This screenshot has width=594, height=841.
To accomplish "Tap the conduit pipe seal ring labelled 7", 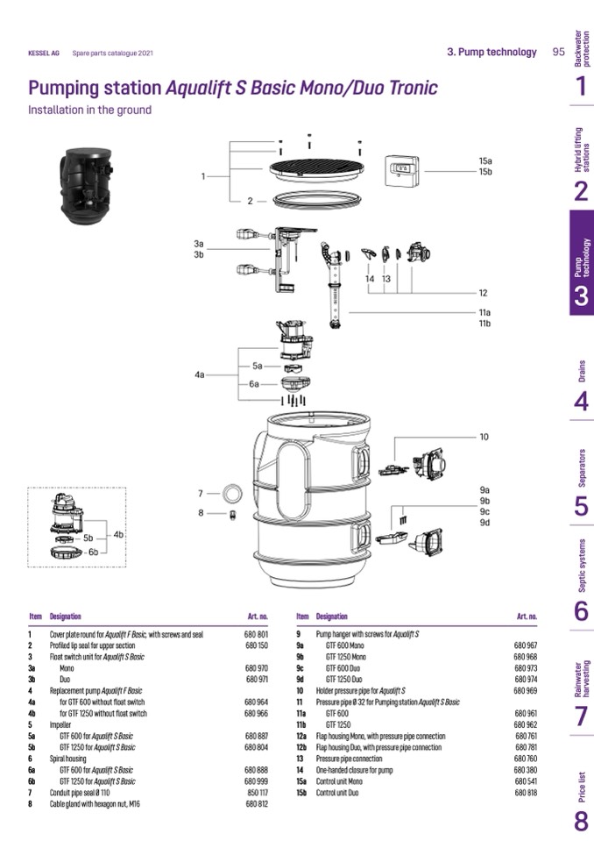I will (232, 493).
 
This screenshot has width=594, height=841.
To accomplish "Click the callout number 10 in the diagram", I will (484, 437).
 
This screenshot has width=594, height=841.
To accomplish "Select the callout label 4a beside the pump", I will (199, 374).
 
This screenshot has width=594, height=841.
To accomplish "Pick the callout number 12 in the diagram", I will (483, 293).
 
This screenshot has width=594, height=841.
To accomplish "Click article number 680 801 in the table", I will (256, 633).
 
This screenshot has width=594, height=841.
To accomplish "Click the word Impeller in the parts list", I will (60, 724).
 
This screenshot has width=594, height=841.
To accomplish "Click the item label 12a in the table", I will (301, 736).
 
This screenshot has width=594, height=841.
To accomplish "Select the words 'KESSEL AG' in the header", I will (44, 53).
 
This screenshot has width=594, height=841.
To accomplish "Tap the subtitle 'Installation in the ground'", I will (89, 110).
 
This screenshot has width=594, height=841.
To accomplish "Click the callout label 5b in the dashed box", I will (88, 538).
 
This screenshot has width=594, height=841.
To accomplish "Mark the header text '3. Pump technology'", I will (491, 52).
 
